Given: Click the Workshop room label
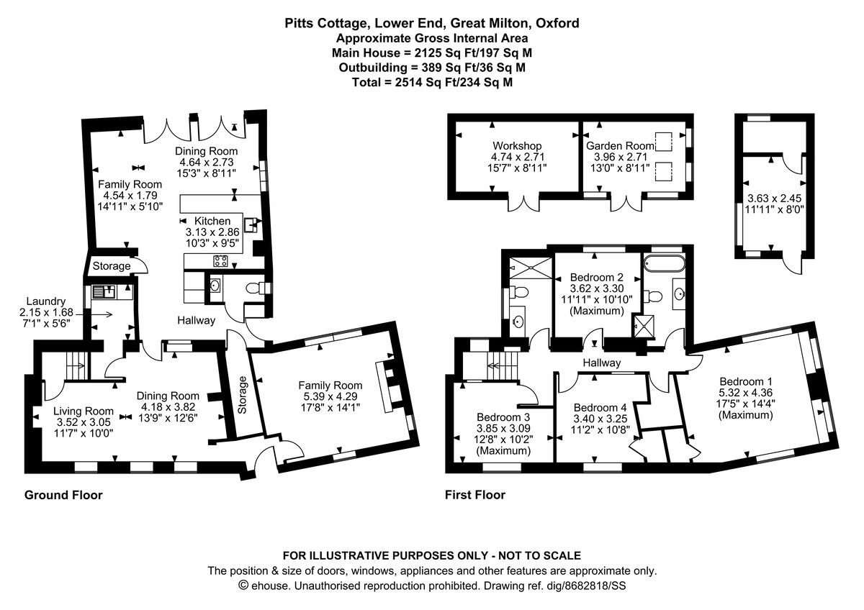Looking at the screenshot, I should pos(517,146).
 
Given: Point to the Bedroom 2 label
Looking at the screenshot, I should pos(596,276).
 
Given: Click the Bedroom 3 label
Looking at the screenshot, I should pos(503,416).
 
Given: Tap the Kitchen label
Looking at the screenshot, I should pos(212,221).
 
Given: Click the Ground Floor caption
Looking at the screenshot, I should pos(63,495).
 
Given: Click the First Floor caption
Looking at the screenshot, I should pos(474,495).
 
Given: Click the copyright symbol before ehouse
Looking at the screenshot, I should pos(243,586).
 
